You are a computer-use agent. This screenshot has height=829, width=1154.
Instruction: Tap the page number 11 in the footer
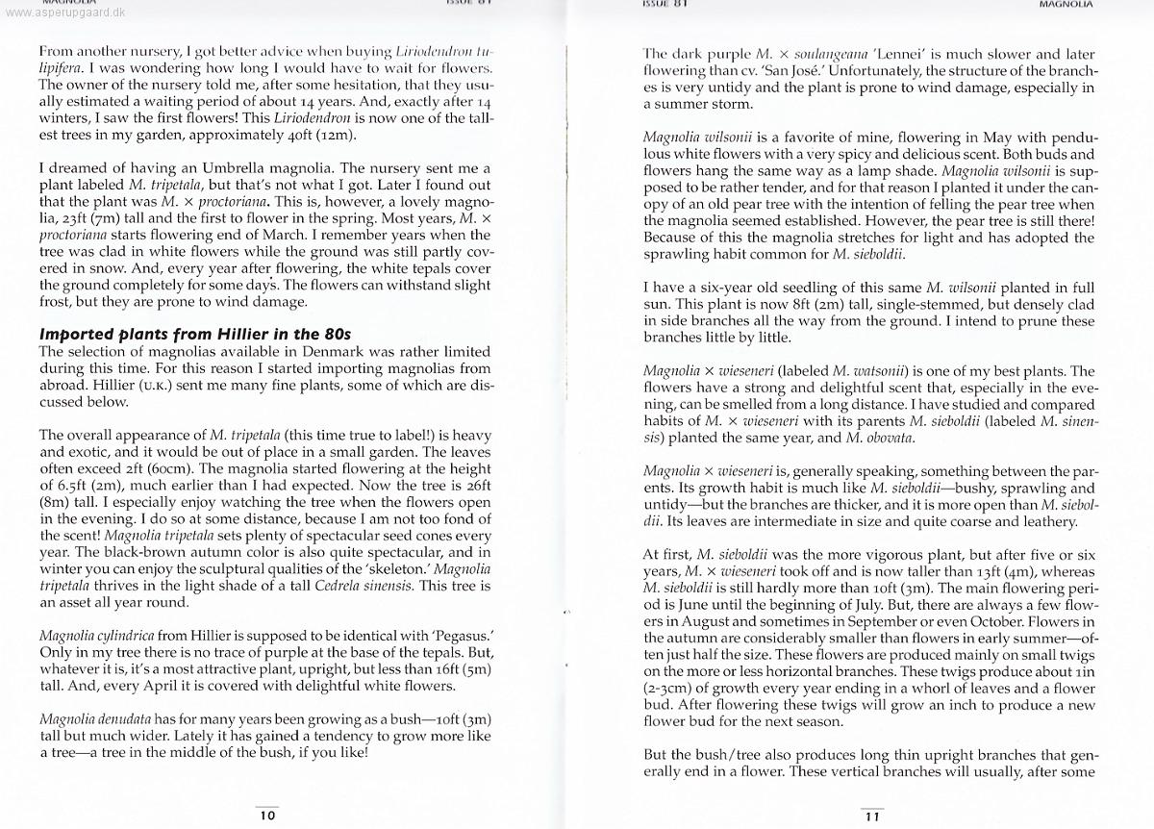(871, 816)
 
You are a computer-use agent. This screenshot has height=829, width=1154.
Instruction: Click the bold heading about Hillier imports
(195, 334)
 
